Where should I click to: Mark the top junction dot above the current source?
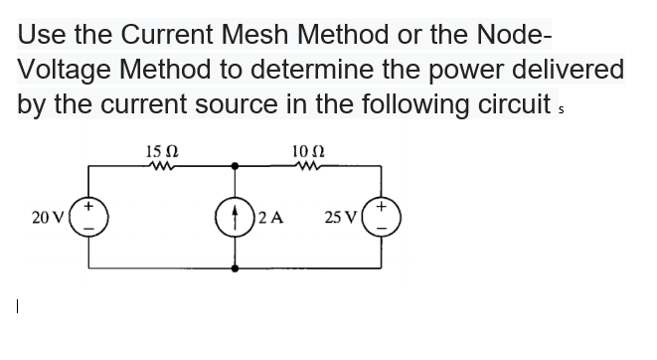pos(237,168)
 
